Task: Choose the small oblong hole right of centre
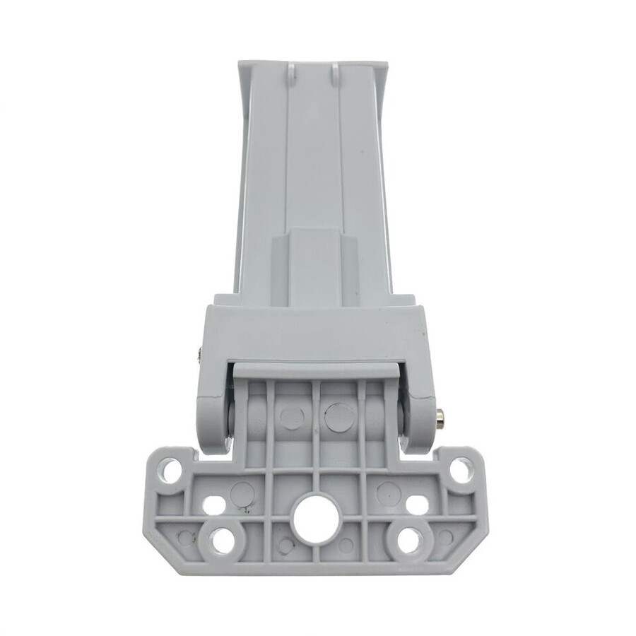(x=418, y=506)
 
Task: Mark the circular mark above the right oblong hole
(x=388, y=490)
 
